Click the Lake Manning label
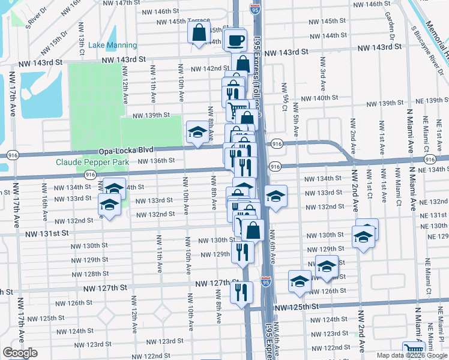(x=112, y=45)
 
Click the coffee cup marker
(x=236, y=41)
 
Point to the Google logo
(x=19, y=353)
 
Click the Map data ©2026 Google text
(x=412, y=355)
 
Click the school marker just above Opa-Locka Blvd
(x=197, y=133)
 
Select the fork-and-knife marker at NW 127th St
(x=241, y=293)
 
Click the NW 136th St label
(x=155, y=160)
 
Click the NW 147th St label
(x=121, y=3)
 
